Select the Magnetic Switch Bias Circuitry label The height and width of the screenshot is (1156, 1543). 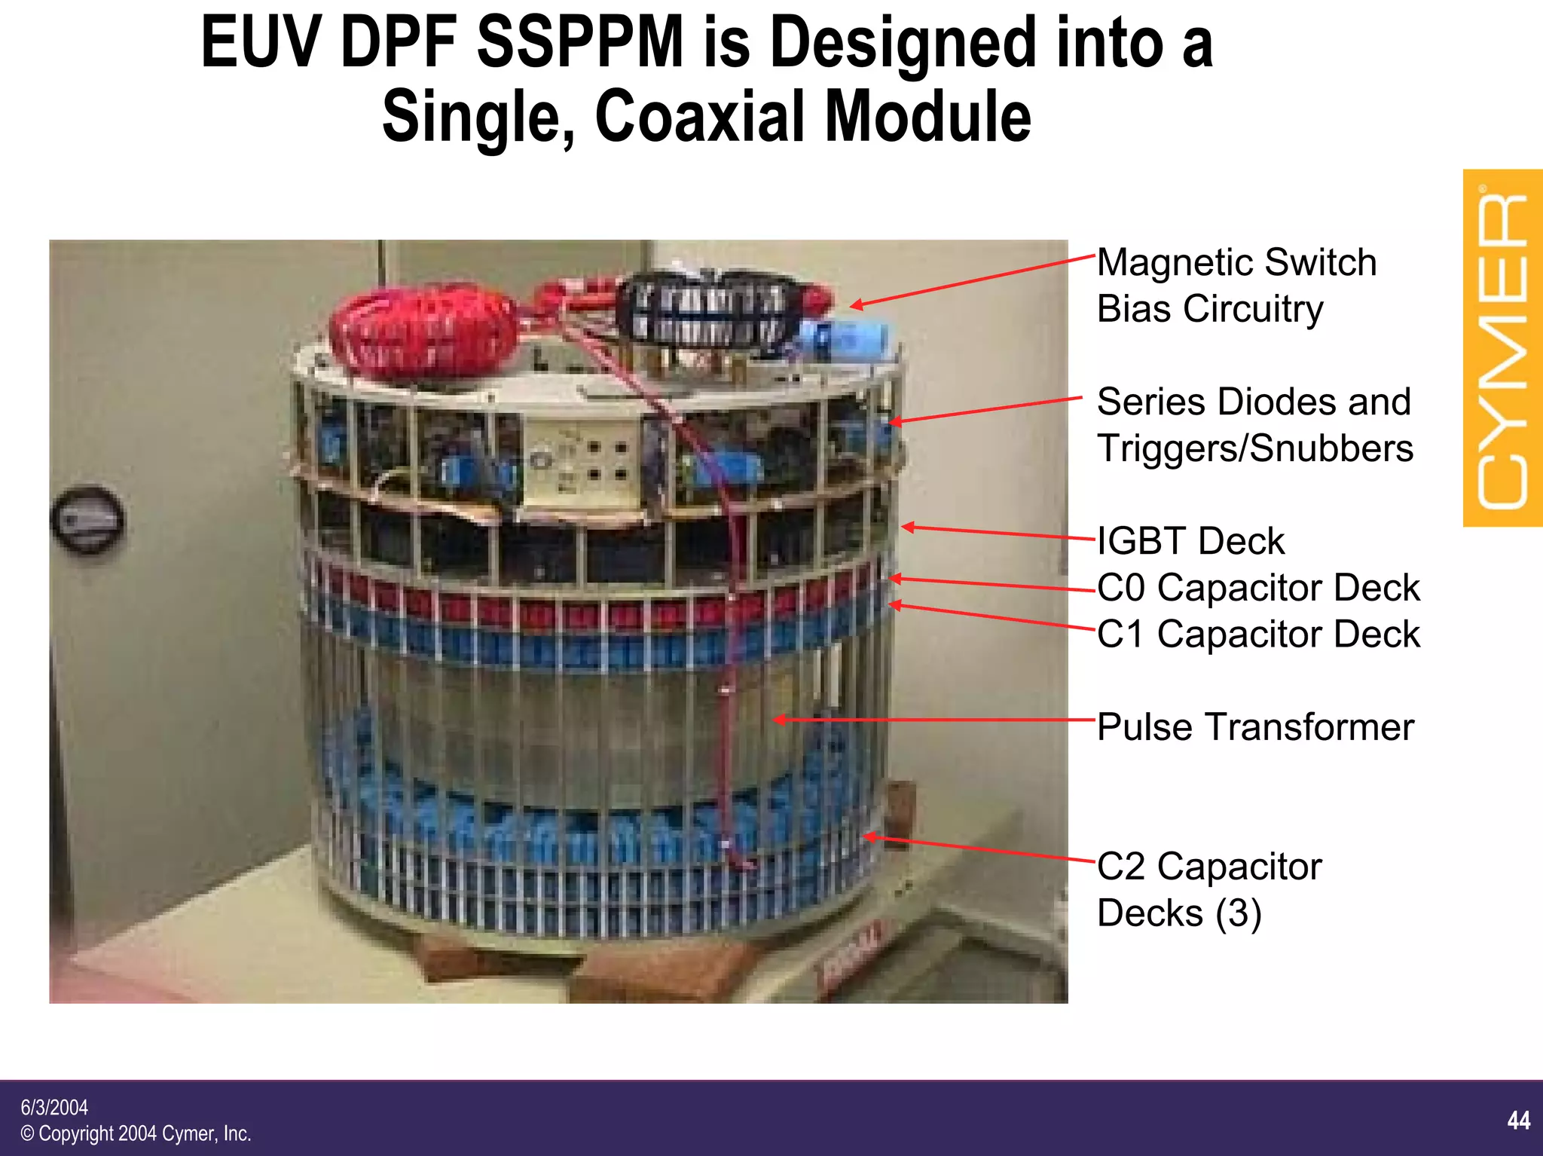1236,286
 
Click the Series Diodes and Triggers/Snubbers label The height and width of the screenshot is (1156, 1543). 1254,425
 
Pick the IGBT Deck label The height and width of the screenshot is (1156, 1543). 1190,541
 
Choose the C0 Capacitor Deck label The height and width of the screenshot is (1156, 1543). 1257,588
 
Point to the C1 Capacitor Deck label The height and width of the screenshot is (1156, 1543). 1257,634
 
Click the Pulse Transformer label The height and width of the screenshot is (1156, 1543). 1255,727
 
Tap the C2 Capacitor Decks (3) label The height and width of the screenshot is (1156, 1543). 1208,889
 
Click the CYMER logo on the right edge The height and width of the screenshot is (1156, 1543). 1502,348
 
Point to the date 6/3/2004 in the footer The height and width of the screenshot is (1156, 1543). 54,1108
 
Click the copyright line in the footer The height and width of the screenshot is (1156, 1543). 136,1133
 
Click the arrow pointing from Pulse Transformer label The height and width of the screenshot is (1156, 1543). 934,720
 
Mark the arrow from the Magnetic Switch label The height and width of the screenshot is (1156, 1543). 972,280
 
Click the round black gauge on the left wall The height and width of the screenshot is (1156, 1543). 87,519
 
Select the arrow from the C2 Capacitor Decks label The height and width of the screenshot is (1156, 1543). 979,848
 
